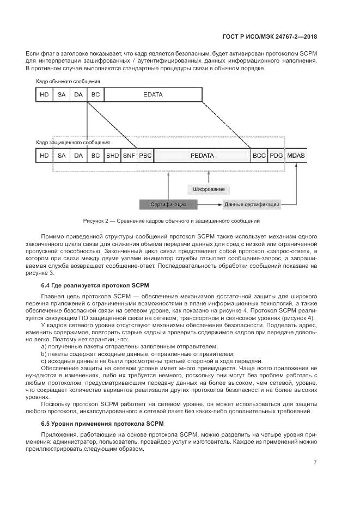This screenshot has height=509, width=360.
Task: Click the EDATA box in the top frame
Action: point(153,95)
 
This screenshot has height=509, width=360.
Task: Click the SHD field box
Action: point(112,156)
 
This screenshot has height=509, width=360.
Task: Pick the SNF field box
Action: point(129,156)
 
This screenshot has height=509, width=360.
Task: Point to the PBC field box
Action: point(145,156)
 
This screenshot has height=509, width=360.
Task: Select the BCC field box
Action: point(259,156)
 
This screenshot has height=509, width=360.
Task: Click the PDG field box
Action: point(277,156)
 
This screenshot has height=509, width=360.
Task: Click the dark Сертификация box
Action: point(170,205)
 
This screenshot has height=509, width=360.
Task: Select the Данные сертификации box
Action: point(252,205)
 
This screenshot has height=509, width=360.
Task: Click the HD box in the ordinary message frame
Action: point(44,95)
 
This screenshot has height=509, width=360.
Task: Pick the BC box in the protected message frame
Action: point(95,156)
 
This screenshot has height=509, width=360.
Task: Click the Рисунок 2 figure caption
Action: point(172,221)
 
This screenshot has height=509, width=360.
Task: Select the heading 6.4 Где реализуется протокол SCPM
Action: point(95,285)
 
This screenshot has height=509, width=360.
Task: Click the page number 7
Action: point(315,462)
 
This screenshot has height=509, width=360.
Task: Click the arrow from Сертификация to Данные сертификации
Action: point(210,205)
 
